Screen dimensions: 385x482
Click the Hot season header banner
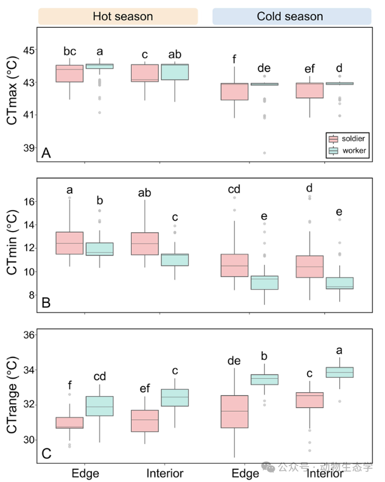point(118,16)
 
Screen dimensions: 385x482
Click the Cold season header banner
point(292,16)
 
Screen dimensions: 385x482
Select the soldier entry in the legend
point(347,139)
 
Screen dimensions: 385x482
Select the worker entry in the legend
point(348,151)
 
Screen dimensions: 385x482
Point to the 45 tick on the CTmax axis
point(29,50)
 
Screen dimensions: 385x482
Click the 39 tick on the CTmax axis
point(29,148)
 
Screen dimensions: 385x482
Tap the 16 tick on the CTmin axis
point(29,202)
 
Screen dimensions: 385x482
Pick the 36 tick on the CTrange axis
point(29,335)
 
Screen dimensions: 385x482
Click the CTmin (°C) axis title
point(11,242)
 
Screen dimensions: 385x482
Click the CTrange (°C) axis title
point(11,395)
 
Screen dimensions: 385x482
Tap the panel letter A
point(46,153)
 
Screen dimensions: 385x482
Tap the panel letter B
point(46,303)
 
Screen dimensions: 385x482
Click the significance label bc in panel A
point(70,51)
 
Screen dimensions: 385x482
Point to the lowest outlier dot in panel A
point(264,153)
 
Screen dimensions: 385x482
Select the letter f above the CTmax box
point(234,59)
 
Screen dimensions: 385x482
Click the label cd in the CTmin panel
point(234,189)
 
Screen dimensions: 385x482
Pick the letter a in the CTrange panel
point(339,350)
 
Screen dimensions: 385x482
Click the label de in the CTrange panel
point(234,361)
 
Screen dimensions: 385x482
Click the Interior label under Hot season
point(165,473)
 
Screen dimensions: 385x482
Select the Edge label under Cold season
point(245,474)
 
